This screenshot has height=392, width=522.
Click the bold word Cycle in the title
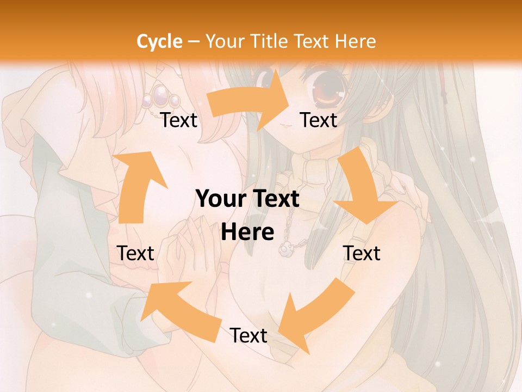159,41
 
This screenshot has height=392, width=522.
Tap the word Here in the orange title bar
356,41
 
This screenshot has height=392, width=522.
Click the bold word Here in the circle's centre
247,232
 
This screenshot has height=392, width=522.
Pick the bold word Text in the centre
275,199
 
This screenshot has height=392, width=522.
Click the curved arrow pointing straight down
363,188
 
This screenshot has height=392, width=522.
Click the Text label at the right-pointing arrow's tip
319,120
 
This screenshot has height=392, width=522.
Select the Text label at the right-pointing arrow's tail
179,120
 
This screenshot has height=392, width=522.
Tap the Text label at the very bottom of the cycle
248,335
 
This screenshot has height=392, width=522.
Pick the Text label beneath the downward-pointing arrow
362,253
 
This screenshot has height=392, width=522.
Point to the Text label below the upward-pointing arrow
135,253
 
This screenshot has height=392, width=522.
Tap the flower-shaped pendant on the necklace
284,249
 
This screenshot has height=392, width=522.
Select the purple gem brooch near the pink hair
161,97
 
